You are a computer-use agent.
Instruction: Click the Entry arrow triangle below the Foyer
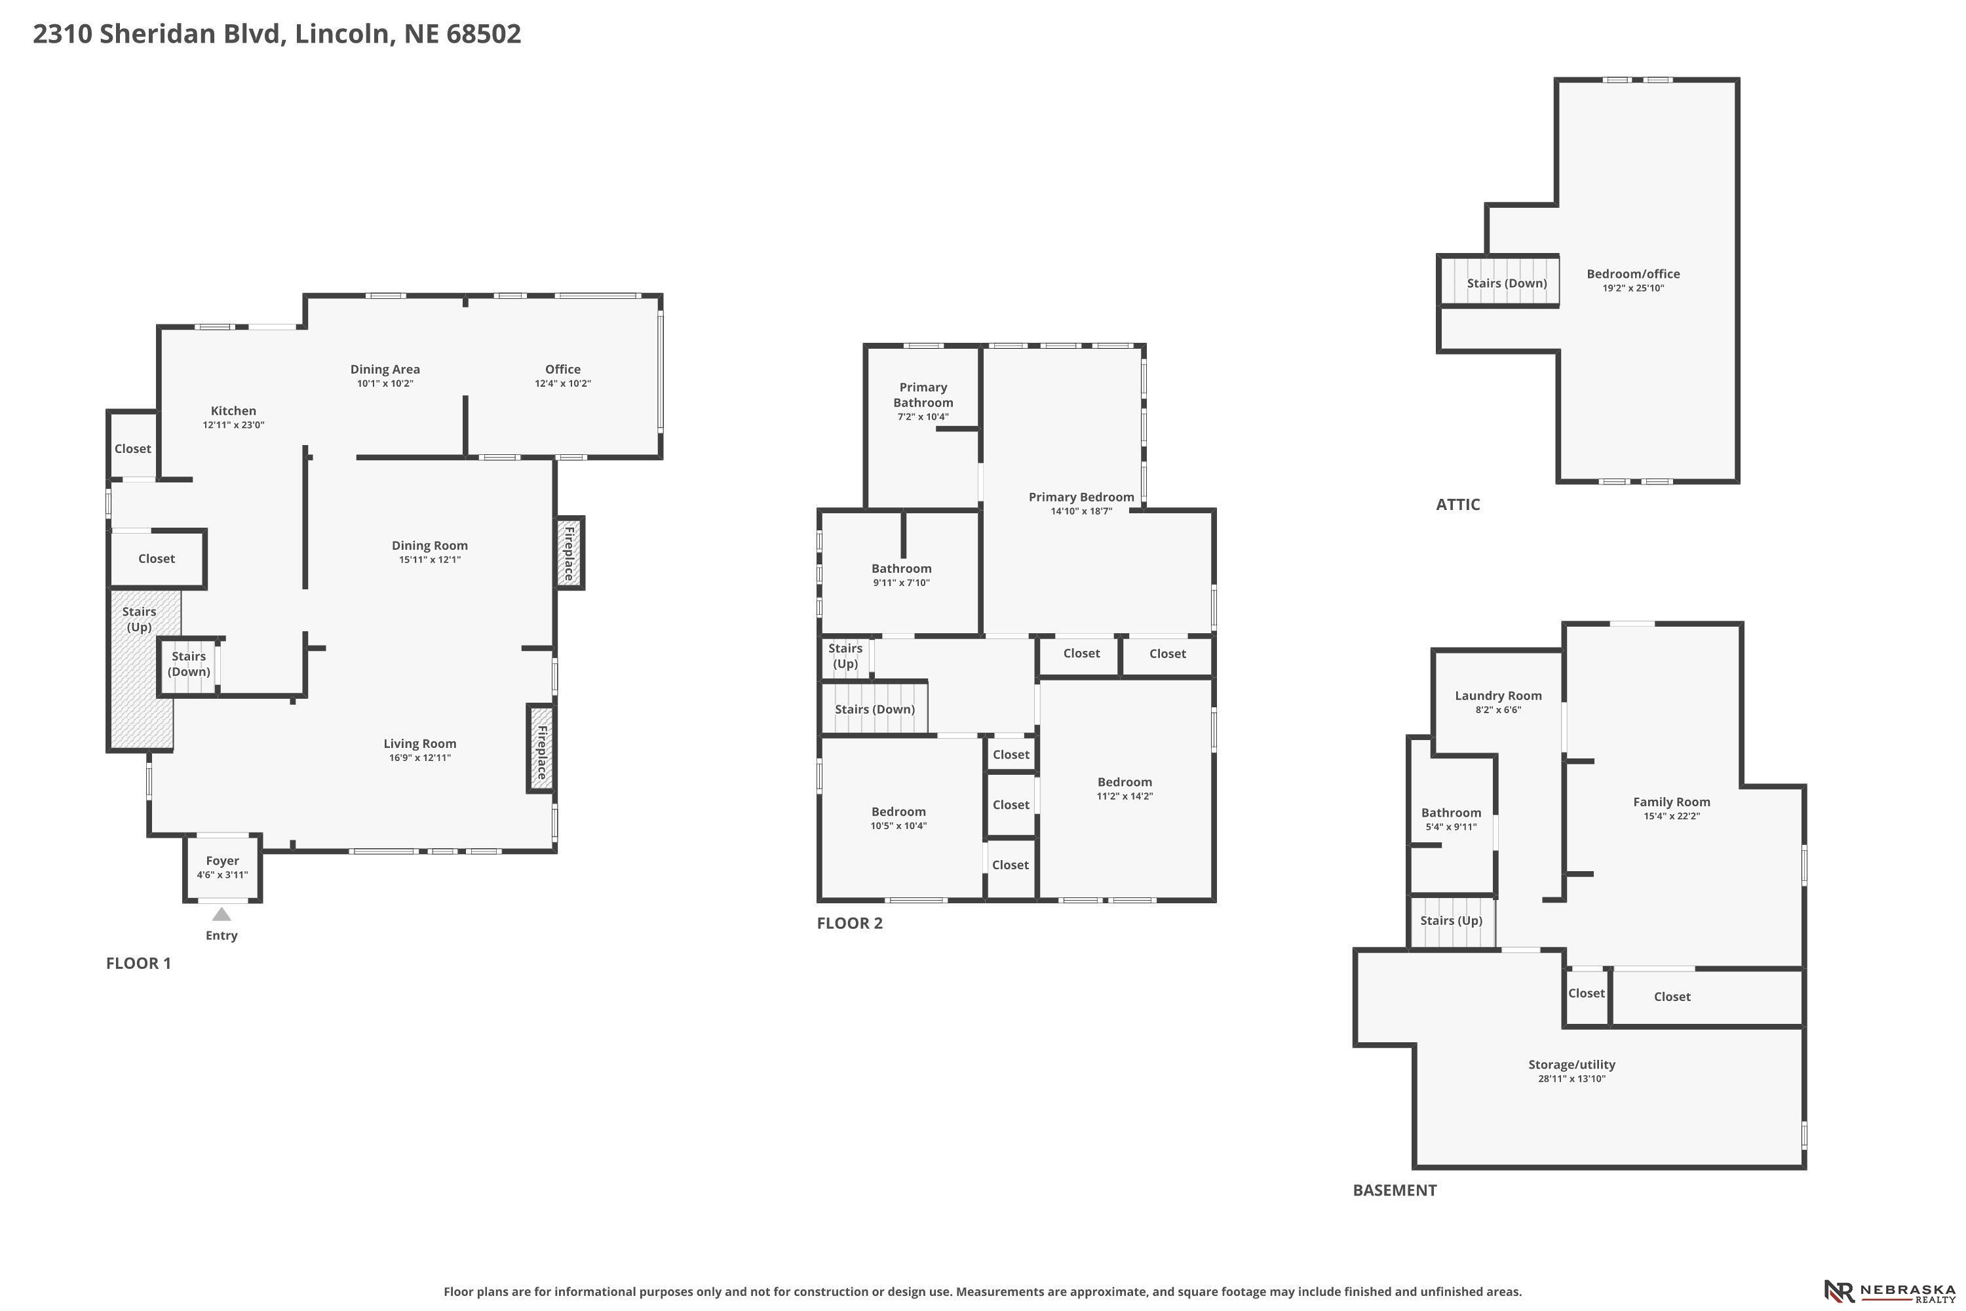[222, 914]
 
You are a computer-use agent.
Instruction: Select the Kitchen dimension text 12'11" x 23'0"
[233, 425]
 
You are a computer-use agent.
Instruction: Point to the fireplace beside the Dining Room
[569, 553]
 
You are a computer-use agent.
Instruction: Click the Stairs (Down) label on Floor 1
[189, 664]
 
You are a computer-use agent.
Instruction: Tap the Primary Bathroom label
[923, 395]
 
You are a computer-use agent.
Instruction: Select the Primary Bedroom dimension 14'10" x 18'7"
[1082, 511]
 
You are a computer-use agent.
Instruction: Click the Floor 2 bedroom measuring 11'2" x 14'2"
[1125, 789]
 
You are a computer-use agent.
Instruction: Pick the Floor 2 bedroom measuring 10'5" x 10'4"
[898, 817]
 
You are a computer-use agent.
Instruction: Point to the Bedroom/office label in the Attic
[1633, 273]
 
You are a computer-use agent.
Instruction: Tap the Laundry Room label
[1498, 695]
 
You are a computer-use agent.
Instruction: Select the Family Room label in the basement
[1672, 802]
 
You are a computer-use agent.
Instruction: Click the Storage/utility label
[1571, 1065]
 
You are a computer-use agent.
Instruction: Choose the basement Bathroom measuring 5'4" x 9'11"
[1451, 819]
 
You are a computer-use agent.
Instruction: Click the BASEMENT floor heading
[1395, 1190]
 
